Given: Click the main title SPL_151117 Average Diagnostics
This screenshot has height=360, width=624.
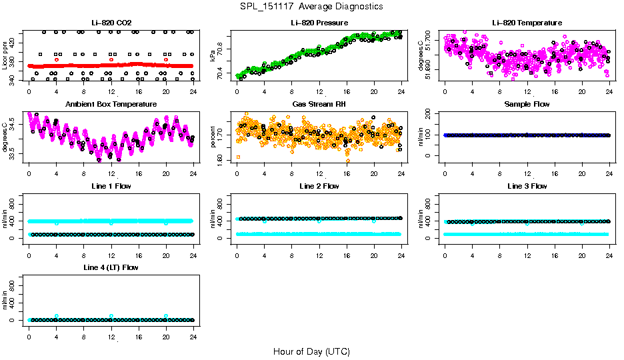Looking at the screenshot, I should (x=312, y=6).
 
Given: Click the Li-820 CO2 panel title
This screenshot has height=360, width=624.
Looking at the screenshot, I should (x=111, y=23).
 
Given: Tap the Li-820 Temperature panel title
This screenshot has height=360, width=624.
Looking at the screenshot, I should (x=527, y=23).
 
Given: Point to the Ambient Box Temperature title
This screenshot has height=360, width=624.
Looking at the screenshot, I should (x=111, y=105).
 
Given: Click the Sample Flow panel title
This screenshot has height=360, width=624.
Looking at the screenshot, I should (x=527, y=105).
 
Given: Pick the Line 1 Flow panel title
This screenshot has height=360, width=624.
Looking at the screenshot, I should (x=111, y=186).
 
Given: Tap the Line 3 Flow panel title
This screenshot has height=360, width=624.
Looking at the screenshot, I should (x=527, y=186).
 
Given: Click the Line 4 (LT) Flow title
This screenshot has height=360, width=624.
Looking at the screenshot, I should (x=111, y=267).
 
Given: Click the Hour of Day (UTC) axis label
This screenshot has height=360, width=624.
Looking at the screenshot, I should (x=311, y=351).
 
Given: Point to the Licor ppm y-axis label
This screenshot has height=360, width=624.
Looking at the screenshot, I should (x=5, y=55).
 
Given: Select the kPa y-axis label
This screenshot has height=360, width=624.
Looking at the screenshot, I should (x=213, y=55).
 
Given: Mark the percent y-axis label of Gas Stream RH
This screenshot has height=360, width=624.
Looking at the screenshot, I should (x=213, y=137).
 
